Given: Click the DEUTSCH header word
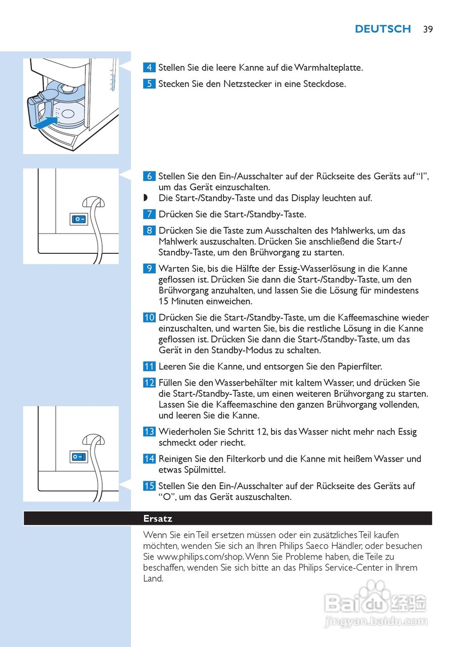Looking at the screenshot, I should coord(383,29).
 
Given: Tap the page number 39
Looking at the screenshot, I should coord(428,29).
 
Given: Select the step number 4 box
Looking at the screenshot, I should coord(149,67).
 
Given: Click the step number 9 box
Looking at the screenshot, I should coord(149,268).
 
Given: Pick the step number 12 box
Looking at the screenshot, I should coord(149,383).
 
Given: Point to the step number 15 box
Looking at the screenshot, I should coord(149,486).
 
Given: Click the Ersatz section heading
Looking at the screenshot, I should coord(158,519).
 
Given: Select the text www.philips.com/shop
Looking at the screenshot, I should coord(196,557).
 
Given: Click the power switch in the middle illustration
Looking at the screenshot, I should coord(79,219).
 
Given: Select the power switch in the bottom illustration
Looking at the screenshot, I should coord(79,457).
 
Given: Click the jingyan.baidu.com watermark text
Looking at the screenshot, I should coord(376,622).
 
